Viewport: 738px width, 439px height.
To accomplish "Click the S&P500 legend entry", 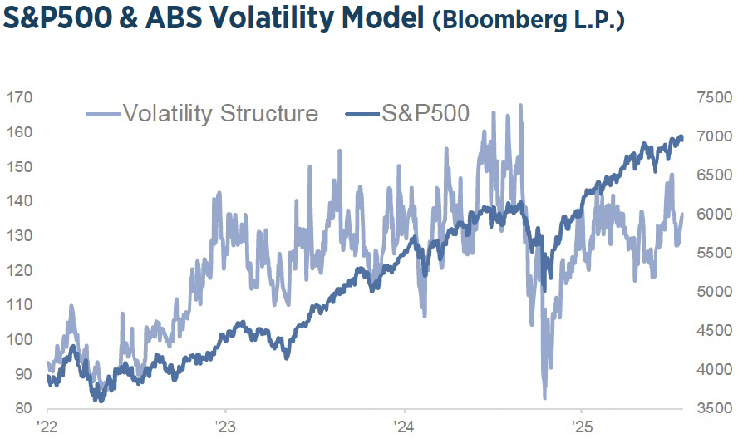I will tap(426, 113).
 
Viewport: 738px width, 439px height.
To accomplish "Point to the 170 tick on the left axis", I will tap(19, 98).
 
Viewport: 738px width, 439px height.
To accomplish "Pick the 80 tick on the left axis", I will tap(22, 408).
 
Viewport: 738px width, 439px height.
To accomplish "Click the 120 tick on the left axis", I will tap(19, 270).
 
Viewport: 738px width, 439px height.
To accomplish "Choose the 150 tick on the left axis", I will tap(19, 167).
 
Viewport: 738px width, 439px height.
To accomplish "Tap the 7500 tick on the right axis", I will tap(712, 98).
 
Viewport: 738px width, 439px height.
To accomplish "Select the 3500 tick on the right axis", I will tap(712, 408).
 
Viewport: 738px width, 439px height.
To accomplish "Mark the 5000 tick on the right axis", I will tap(712, 292).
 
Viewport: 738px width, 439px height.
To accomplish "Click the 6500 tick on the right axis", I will tap(712, 175).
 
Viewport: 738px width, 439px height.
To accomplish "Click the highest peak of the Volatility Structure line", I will tap(521, 105).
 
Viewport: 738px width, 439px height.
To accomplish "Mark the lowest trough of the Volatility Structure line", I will tap(544, 398).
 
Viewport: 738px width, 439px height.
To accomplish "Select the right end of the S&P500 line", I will tap(682, 137).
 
